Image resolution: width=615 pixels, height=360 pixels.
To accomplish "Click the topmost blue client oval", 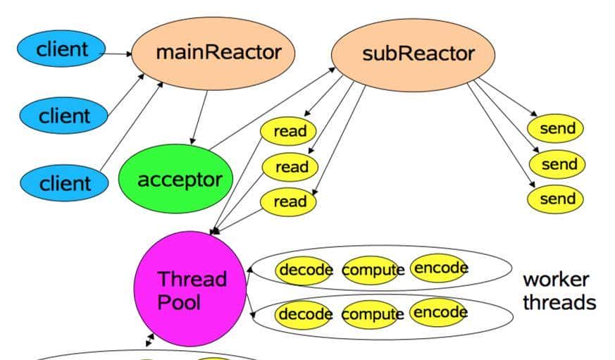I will (x=62, y=49).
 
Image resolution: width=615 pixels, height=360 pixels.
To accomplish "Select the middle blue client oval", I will (x=63, y=116).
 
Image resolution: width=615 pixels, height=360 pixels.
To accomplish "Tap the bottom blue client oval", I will (x=64, y=183).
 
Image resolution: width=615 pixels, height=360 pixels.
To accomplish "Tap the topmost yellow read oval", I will (x=289, y=131).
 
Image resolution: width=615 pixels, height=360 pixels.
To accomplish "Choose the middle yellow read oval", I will (x=290, y=167).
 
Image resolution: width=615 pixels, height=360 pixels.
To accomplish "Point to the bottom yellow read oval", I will (x=289, y=201).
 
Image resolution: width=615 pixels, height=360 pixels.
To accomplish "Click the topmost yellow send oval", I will (x=557, y=129).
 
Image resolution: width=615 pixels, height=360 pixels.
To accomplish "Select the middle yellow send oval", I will (x=557, y=164).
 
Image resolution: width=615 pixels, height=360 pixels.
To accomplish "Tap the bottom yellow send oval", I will (x=557, y=199).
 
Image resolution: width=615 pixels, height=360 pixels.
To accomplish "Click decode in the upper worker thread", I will (x=304, y=270).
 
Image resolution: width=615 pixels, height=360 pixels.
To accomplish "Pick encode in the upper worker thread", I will (x=438, y=268).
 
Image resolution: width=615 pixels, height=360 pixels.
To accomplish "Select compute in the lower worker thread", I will (x=373, y=314).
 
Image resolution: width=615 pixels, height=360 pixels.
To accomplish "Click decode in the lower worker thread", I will (x=304, y=314).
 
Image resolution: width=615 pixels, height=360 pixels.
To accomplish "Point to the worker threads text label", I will (x=559, y=291).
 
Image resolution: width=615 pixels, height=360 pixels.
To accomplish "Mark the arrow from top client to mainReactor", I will (x=118, y=52).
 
